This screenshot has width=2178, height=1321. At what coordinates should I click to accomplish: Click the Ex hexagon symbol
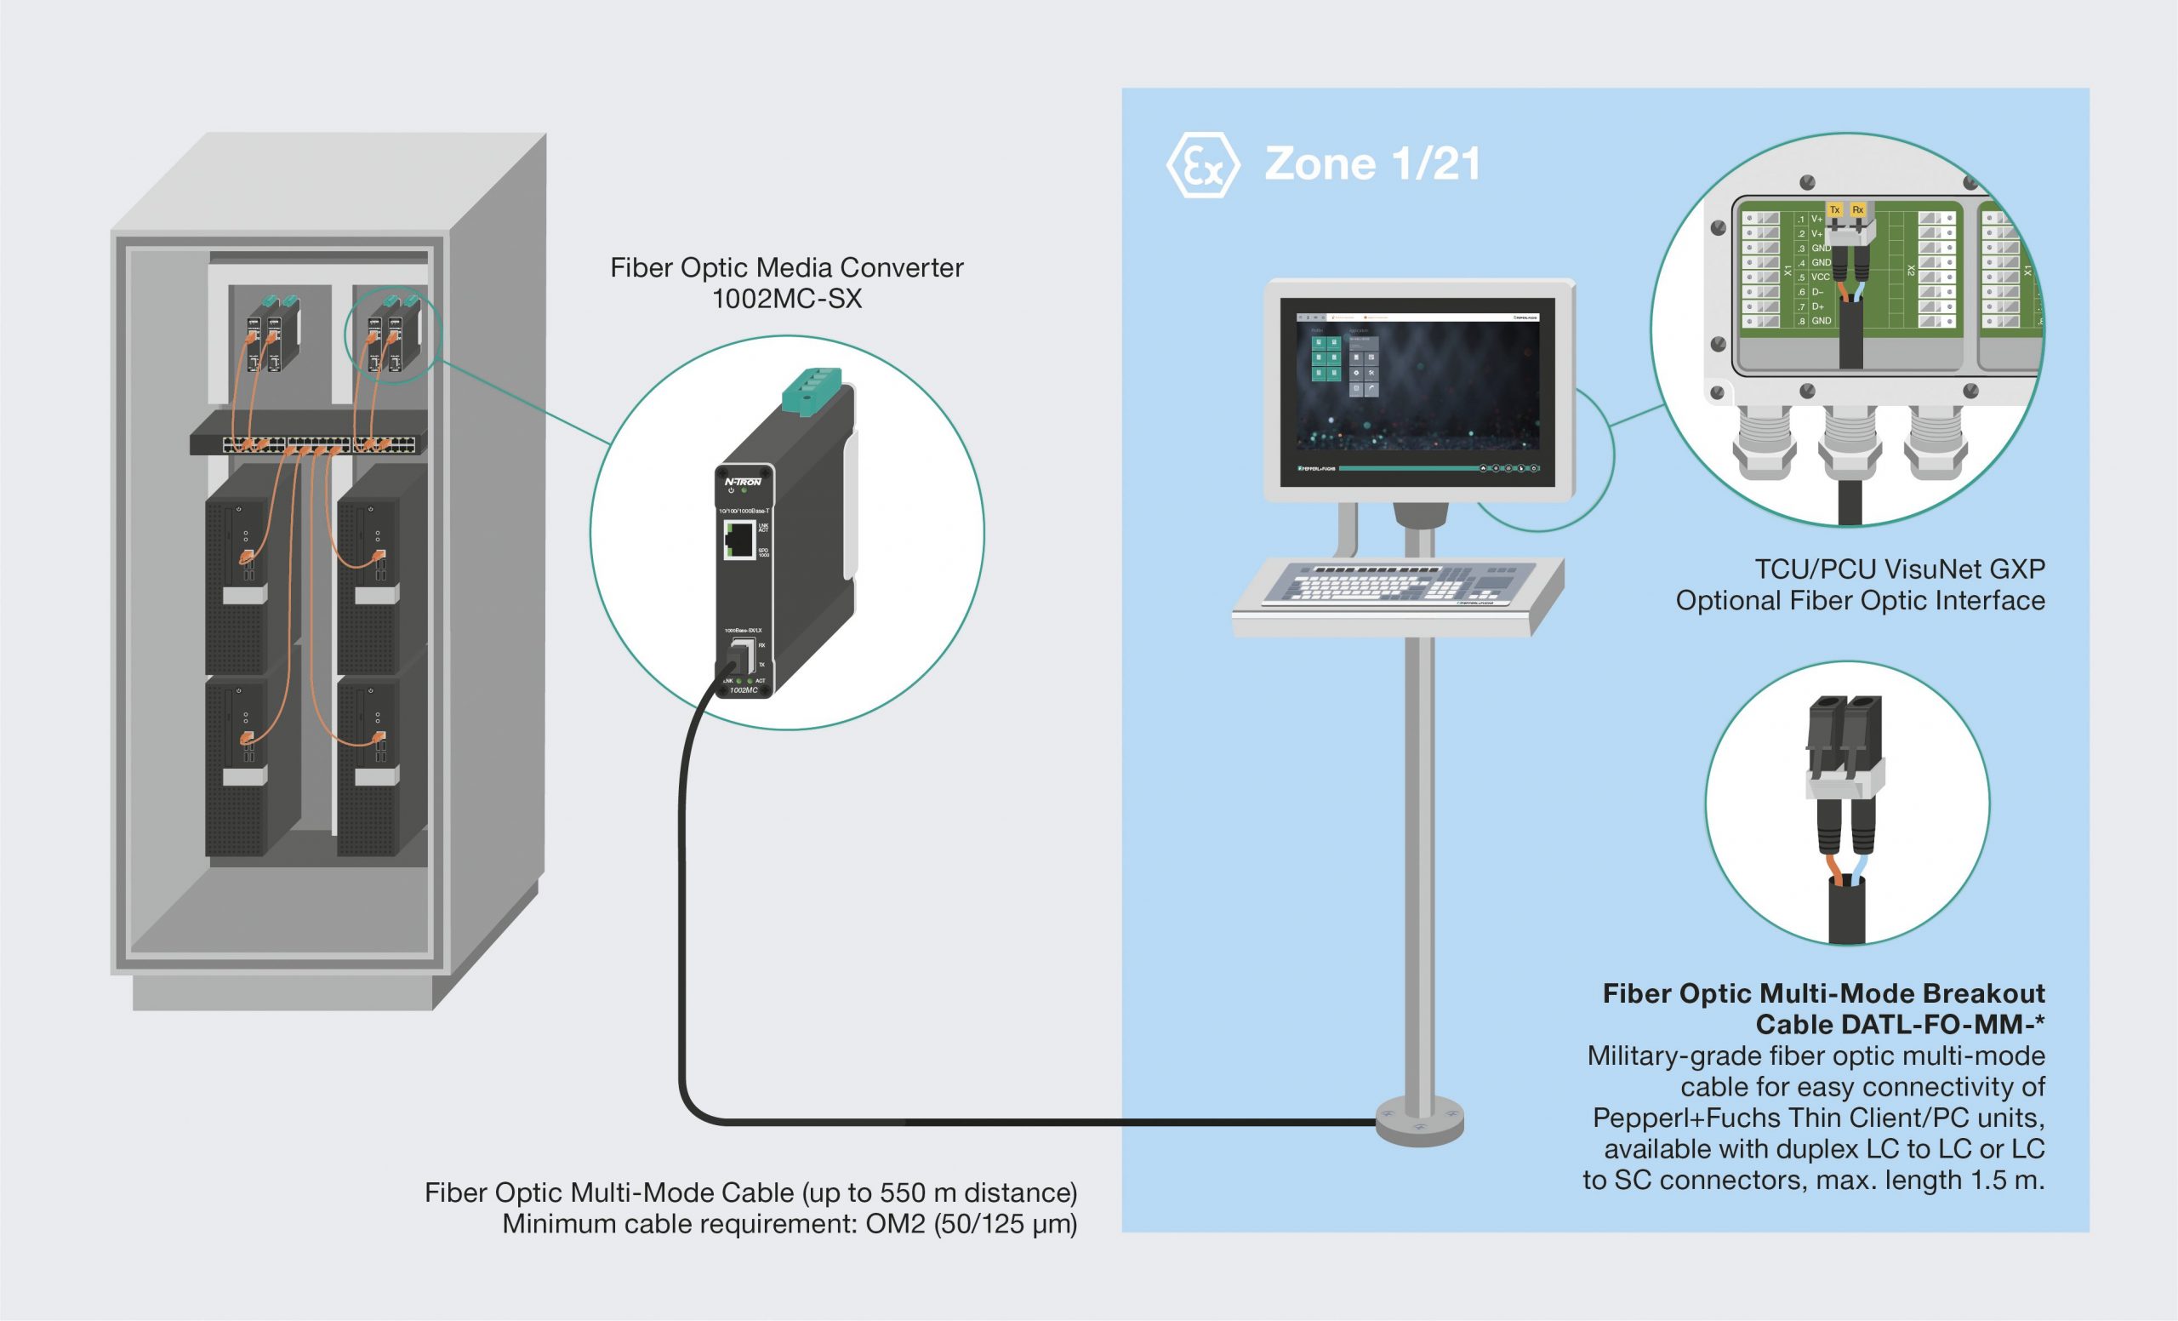[x=1203, y=165]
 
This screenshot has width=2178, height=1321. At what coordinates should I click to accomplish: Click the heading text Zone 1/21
[x=1371, y=164]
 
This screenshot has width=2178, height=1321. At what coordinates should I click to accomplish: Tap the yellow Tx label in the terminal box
[x=1835, y=209]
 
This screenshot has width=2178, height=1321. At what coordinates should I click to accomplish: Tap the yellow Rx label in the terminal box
[x=1858, y=209]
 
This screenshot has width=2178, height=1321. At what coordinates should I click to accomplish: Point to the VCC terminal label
[x=1820, y=277]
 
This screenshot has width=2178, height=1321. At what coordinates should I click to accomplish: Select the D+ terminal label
[x=1818, y=306]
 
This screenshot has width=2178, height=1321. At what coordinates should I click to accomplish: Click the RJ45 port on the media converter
[x=739, y=539]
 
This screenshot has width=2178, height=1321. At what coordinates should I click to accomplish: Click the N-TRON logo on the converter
[x=743, y=482]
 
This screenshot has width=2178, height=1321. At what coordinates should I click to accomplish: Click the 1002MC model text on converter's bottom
[x=744, y=690]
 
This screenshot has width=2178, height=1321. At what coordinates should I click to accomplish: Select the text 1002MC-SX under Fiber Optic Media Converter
[x=787, y=299]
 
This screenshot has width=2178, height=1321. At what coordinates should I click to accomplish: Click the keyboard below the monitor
[x=1397, y=586]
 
